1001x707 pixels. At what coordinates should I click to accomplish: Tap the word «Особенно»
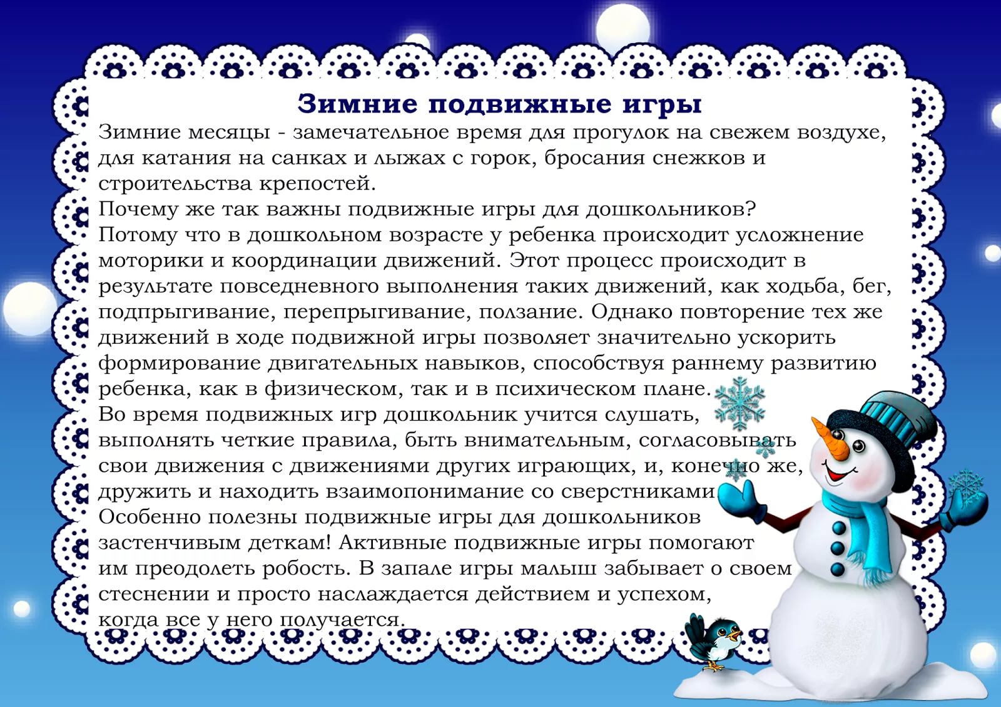coord(150,517)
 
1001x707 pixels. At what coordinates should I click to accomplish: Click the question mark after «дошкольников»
coord(750,209)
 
